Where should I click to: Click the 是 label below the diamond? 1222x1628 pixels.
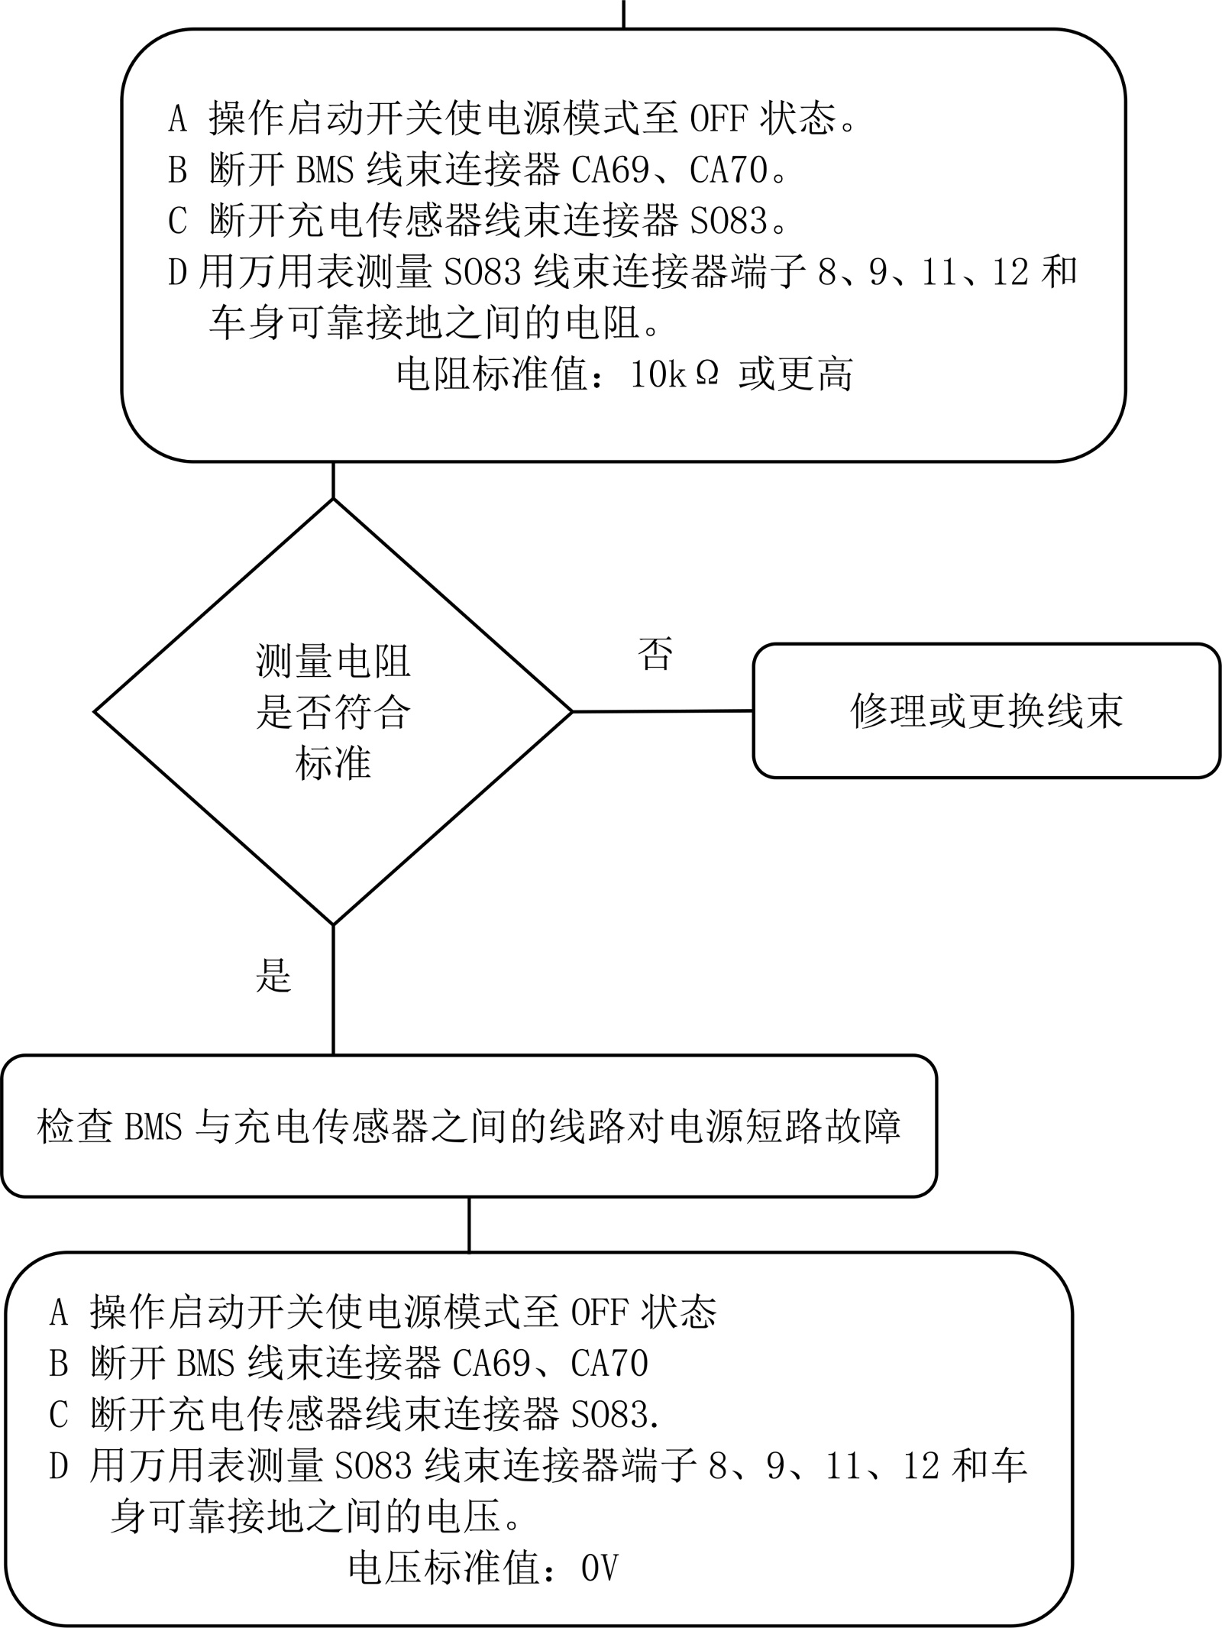pyautogui.click(x=273, y=975)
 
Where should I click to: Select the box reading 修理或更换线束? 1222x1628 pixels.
pyautogui.click(x=986, y=711)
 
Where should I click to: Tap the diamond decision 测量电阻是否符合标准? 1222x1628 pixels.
pyautogui.click(x=333, y=712)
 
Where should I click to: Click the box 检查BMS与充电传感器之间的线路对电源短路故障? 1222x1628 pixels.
pyautogui.click(x=469, y=1127)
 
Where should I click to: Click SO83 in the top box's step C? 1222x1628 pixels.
pyautogui.click(x=729, y=222)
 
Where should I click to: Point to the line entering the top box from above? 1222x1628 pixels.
pyautogui.click(x=624, y=14)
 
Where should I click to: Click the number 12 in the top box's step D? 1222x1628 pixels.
pyautogui.click(x=1010, y=273)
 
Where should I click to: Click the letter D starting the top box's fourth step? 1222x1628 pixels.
pyautogui.click(x=177, y=273)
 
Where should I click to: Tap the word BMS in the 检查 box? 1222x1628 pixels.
pyautogui.click(x=154, y=1127)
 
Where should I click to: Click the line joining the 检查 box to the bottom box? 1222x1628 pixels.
pyautogui.click(x=469, y=1225)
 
